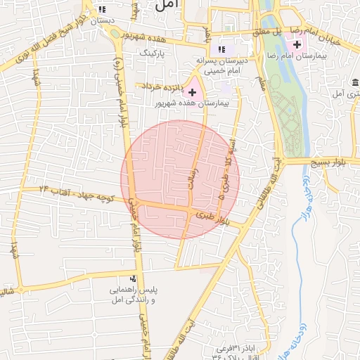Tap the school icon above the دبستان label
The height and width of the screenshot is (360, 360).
click(103, 9)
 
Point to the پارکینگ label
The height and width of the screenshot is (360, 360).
click(152, 52)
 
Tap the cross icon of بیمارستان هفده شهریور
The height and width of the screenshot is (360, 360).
click(192, 92)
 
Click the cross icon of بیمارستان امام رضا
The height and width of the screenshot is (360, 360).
click(297, 44)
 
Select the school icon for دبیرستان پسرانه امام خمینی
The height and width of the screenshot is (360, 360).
click(222, 49)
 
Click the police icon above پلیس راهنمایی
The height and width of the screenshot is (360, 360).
click(134, 280)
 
